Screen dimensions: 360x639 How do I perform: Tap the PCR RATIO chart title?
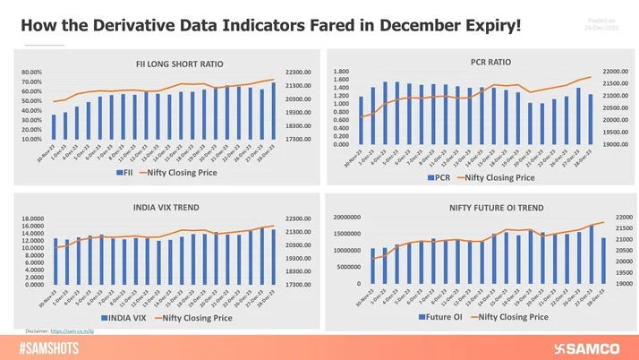(x=490, y=62)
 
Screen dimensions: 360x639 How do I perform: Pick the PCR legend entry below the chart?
(x=444, y=177)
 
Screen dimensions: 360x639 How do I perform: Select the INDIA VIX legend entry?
(x=124, y=317)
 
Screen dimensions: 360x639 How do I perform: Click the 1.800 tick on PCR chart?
(x=340, y=72)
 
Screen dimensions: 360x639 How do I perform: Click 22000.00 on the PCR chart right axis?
(x=616, y=72)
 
